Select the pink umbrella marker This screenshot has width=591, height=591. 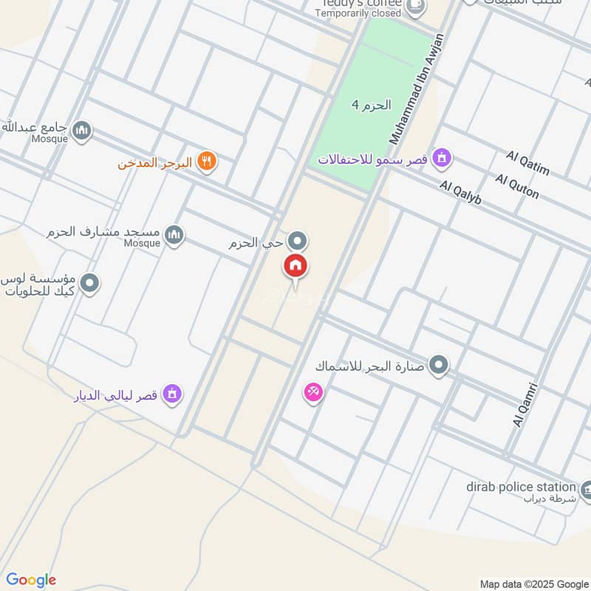click(313, 392)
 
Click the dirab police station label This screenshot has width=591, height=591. click(520, 487)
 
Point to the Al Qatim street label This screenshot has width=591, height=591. click(528, 163)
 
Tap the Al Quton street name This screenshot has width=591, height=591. click(517, 186)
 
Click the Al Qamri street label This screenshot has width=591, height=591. click(525, 404)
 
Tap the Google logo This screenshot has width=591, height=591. click(31, 580)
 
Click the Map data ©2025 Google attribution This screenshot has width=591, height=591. click(533, 583)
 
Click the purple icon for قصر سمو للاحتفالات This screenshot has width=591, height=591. click(443, 157)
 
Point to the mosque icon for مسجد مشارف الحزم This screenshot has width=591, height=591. click(174, 235)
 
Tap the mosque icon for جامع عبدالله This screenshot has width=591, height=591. click(81, 131)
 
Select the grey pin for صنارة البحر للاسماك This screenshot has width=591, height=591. click(439, 365)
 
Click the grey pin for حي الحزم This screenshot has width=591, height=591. click(297, 241)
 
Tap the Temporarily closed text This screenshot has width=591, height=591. click(357, 13)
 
